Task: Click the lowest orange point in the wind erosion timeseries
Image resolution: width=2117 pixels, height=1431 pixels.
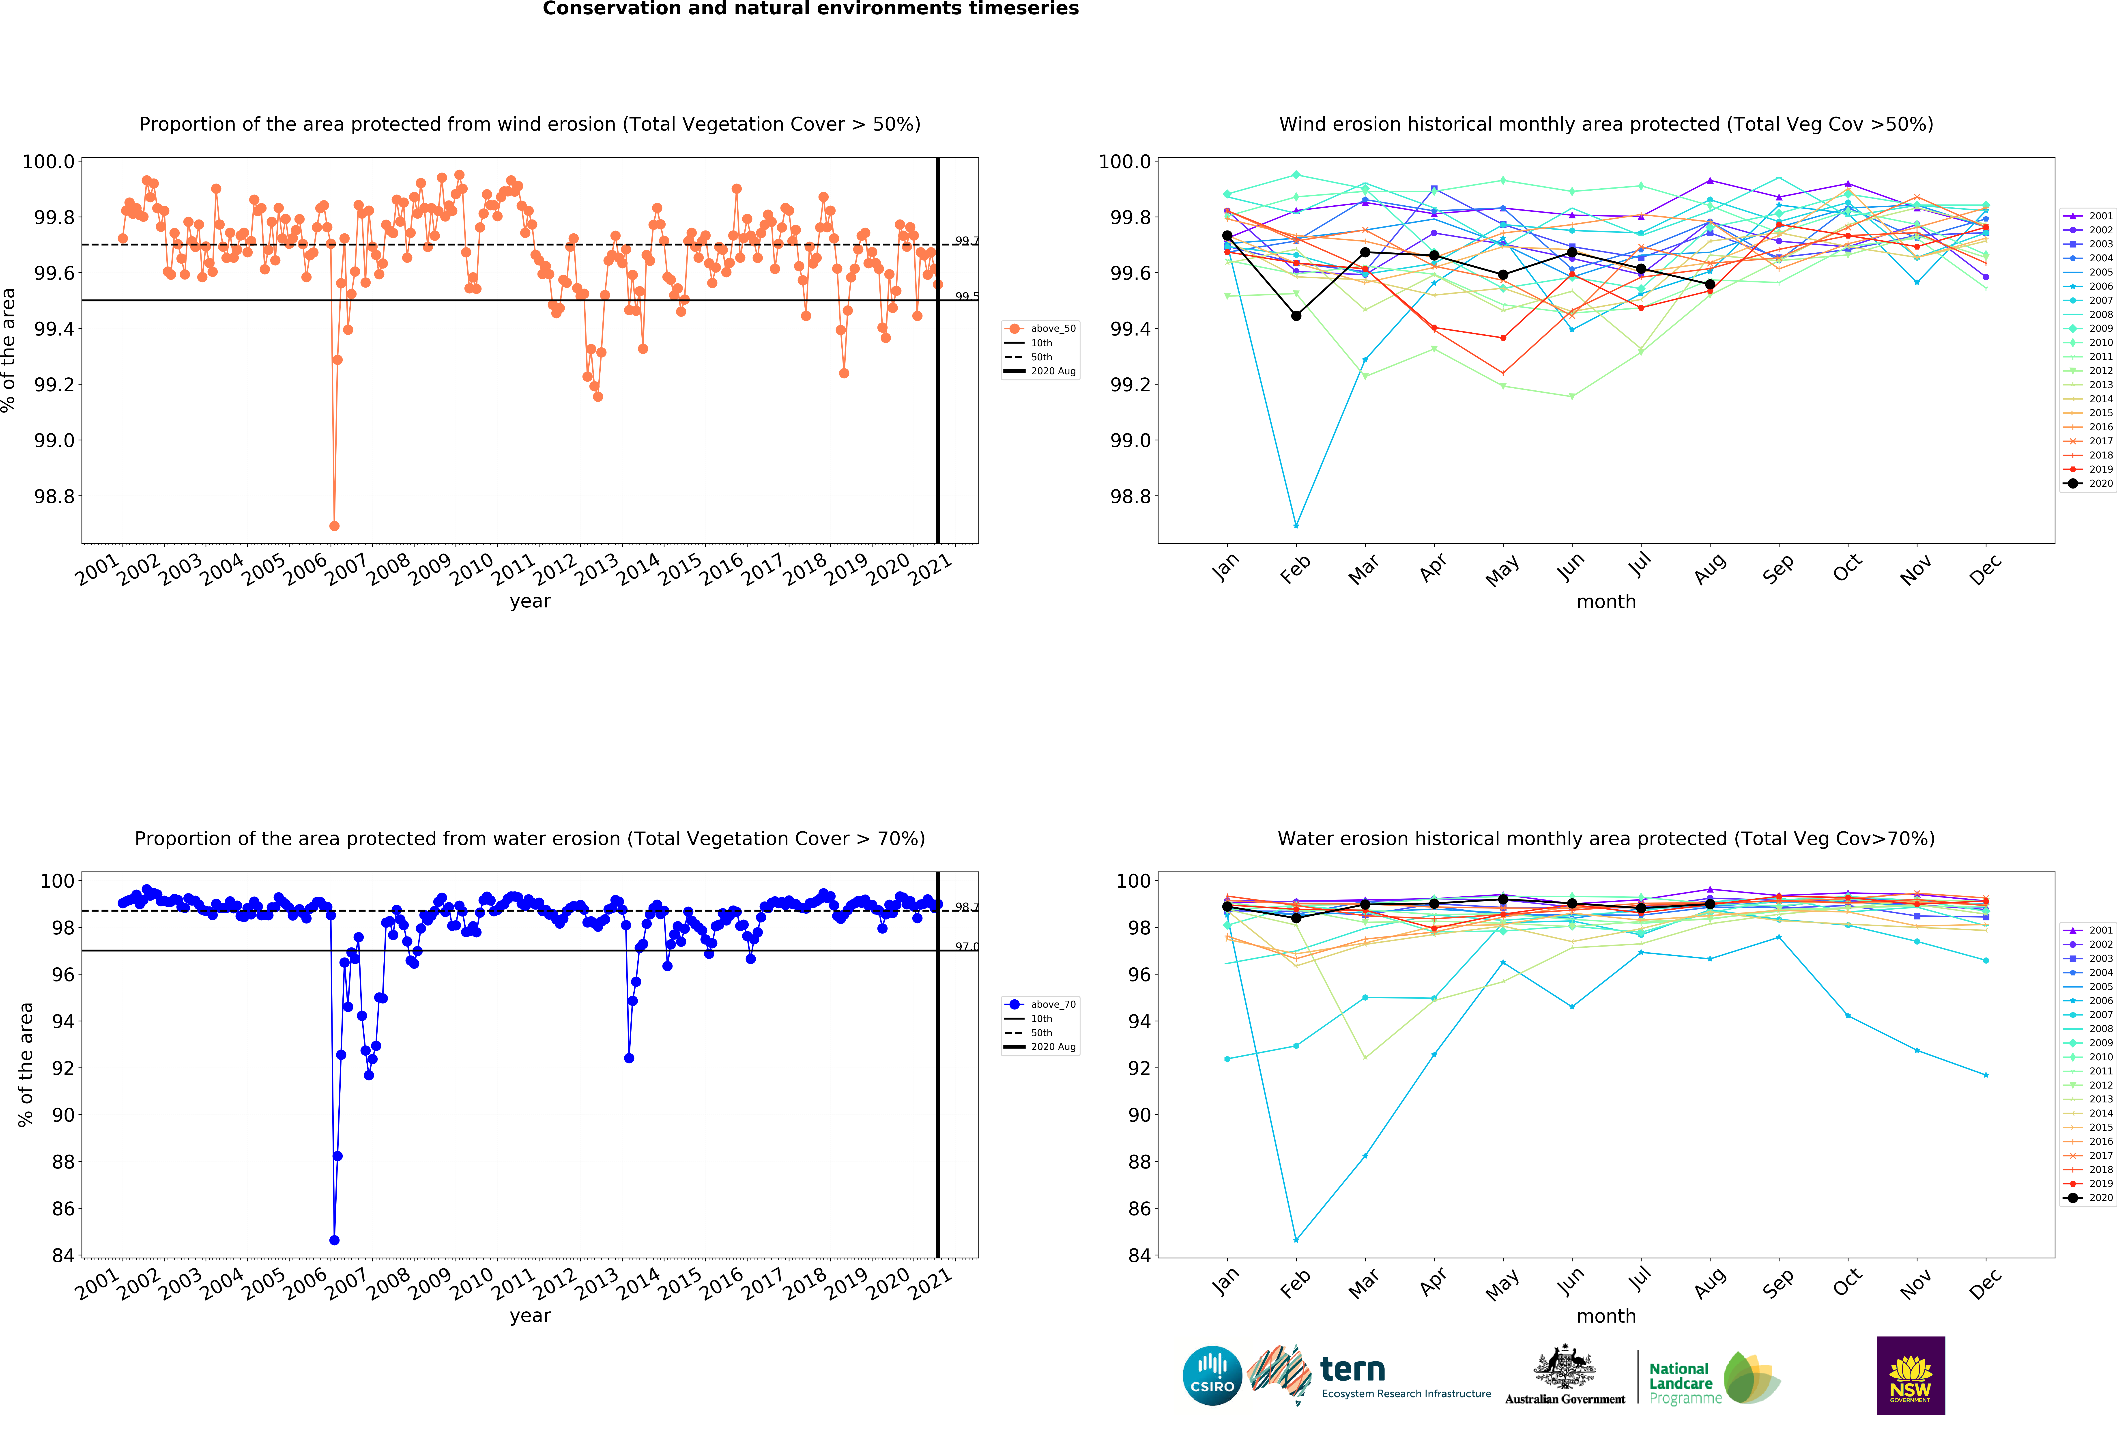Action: pos(334,526)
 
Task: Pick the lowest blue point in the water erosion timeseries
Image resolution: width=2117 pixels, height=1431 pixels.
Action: pos(334,1240)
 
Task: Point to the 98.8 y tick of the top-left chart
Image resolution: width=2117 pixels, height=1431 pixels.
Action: pos(55,496)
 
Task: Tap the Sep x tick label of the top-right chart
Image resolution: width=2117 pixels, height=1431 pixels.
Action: pos(1778,568)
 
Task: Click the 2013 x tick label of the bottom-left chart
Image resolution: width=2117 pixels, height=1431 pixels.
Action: pos(597,1284)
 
